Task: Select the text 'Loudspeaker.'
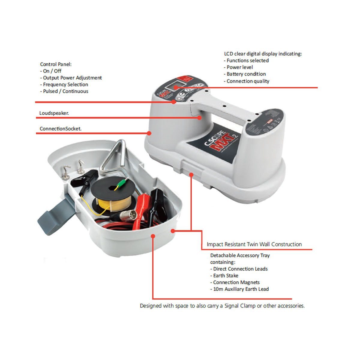pos(54,113)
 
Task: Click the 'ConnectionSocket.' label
pos(60,129)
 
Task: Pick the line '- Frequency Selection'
pos(64,85)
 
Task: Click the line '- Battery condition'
pos(245,74)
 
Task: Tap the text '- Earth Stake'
pos(224,276)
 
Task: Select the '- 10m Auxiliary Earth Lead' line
pos(239,289)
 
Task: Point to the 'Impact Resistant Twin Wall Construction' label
pos(254,244)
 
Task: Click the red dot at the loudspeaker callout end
pos(199,118)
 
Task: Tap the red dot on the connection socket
pos(149,133)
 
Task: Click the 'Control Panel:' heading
pos(56,64)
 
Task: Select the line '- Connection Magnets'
pos(235,283)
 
